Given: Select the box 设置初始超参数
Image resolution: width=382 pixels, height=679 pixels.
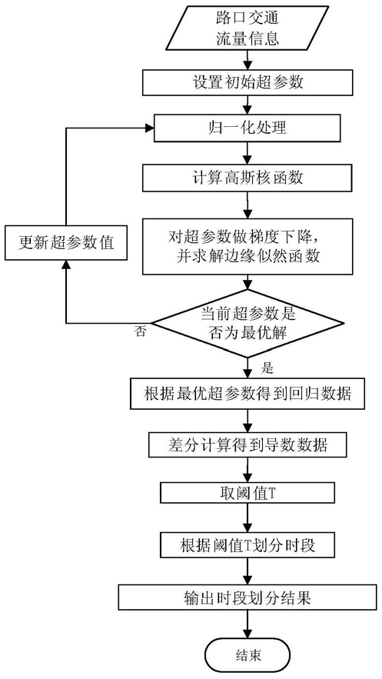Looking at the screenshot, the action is pos(247,83).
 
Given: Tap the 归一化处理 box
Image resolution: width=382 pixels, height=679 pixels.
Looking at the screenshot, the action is pos(247,129).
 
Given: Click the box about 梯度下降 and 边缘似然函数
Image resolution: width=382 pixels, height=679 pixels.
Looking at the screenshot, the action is pos(247,246).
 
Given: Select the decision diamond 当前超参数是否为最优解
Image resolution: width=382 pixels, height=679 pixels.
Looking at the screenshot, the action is pos(247,324).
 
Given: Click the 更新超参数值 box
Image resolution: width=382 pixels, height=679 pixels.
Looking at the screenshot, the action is pos(66,243).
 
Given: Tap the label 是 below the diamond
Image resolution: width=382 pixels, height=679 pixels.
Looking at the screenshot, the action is pos(267,368).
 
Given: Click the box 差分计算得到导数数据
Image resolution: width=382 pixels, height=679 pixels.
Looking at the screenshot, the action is pos(247,444).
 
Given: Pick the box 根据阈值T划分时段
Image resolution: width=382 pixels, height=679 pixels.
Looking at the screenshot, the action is pos(247,544).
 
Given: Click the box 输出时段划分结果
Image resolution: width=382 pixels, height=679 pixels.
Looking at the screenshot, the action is pos(247,598).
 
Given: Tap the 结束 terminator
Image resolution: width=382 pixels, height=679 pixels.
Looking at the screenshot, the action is pos(248,654).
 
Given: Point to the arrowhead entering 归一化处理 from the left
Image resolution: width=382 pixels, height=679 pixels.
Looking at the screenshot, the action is pos(150,128).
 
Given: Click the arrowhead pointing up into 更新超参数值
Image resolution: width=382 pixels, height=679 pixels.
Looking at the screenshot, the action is pos(66,265).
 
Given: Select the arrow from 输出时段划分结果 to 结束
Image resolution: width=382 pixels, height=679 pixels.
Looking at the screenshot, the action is pos(247,625).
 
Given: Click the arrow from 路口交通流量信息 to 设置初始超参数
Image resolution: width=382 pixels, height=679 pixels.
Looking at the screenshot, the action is pos(247,60).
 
